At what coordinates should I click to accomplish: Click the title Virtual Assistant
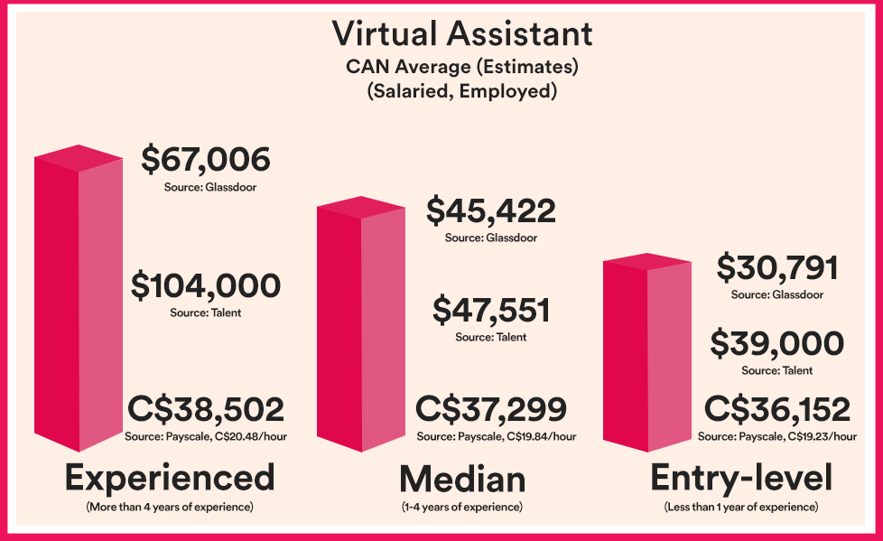pos(462,34)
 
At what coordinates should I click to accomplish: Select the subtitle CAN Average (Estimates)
pos(461,67)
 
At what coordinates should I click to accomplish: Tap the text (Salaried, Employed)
pos(461,91)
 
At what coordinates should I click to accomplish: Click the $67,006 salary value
pos(206,160)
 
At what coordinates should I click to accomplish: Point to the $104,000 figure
pos(206,286)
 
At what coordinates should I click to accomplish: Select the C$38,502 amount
pos(206,409)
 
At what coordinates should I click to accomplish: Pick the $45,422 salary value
pos(490,211)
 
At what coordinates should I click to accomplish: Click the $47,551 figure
pos(490,311)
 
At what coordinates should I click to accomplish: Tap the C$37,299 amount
pos(491,409)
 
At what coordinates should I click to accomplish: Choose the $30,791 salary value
pos(777,268)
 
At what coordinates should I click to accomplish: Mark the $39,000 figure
pos(777,344)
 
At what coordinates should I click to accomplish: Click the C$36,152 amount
pos(777,410)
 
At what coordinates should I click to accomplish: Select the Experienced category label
pos(170,476)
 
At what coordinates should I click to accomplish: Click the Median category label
pos(462,478)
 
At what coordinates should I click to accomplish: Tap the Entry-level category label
pos(740,478)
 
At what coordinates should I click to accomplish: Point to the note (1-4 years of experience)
pos(462,508)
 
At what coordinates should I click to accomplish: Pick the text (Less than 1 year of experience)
pos(740,508)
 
